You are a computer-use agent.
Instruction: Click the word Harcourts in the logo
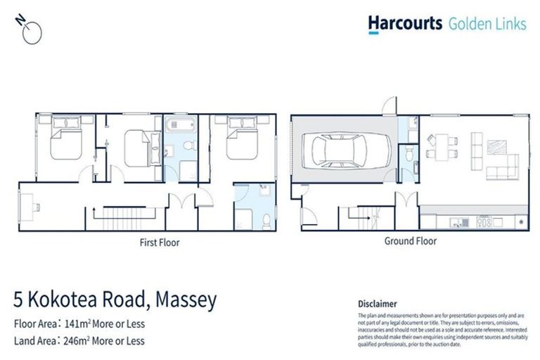(405, 24)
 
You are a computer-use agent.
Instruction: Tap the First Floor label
(159, 243)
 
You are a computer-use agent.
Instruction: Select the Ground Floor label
(410, 241)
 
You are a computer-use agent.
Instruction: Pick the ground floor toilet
(410, 153)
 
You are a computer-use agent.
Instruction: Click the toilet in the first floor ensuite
(266, 221)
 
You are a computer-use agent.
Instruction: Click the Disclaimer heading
(378, 304)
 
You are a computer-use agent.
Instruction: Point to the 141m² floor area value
(78, 325)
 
